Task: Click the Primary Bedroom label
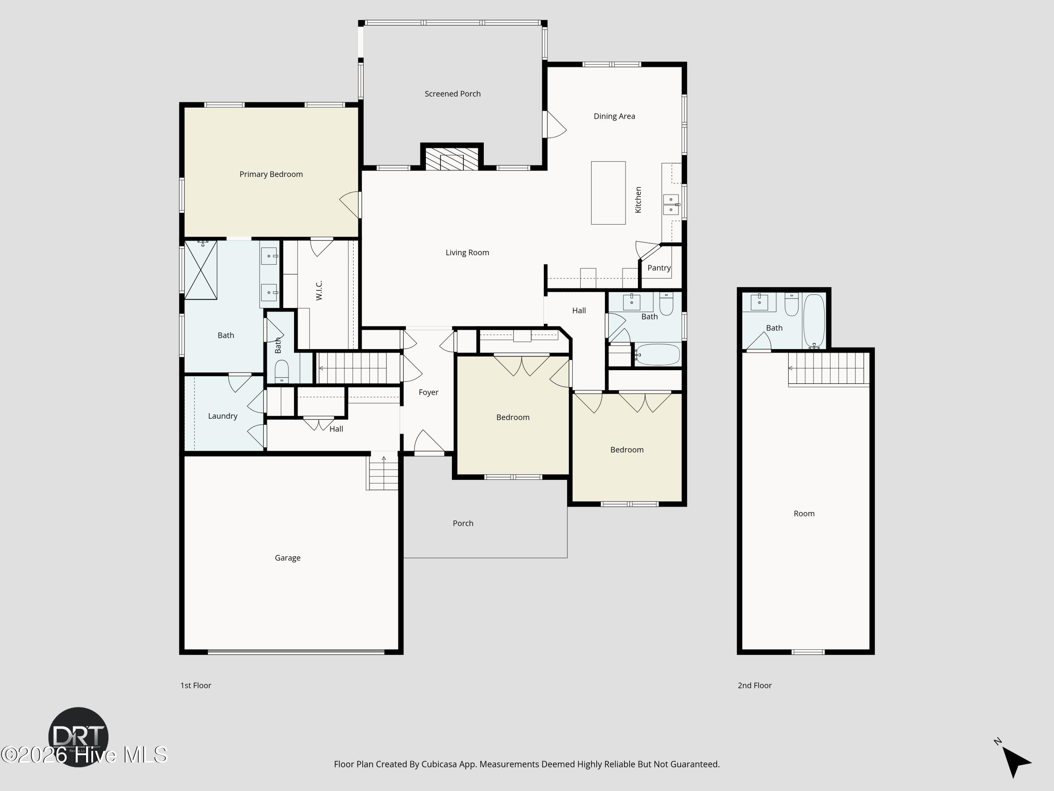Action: (271, 174)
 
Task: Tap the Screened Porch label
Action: (453, 94)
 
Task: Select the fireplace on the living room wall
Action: (452, 158)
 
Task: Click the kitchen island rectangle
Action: (608, 193)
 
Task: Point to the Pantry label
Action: (659, 268)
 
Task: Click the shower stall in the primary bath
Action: (201, 270)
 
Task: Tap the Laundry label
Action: (222, 416)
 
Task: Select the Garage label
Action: (287, 558)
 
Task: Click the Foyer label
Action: (428, 392)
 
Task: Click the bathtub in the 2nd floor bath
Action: (814, 321)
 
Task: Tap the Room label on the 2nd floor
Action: (804, 514)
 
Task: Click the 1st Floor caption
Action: (195, 685)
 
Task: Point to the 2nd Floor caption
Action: (754, 685)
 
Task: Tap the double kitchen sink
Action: (671, 204)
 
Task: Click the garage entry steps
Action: (382, 472)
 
